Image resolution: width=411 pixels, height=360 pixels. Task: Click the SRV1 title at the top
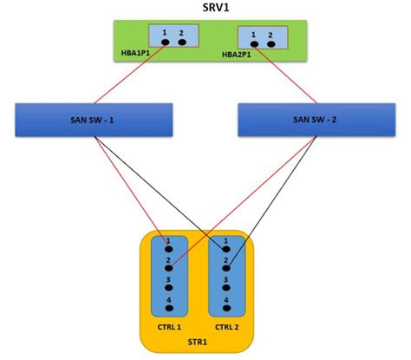click(205, 9)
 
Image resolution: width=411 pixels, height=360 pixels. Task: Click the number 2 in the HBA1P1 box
click(181, 32)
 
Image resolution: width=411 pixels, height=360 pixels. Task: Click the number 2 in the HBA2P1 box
click(271, 35)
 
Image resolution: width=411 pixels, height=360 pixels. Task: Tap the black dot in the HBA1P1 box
click(166, 42)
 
